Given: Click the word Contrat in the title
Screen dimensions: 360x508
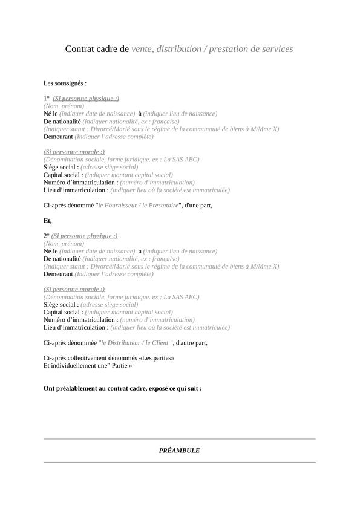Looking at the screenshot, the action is pyautogui.click(x=82, y=49).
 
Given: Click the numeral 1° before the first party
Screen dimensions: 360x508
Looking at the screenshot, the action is pyautogui.click(x=47, y=98).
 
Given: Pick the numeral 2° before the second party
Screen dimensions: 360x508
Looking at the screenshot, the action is pyautogui.click(x=47, y=236).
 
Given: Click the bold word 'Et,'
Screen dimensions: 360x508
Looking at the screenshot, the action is pyautogui.click(x=48, y=221).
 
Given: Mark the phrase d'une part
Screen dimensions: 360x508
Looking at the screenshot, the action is pyautogui.click(x=198, y=206).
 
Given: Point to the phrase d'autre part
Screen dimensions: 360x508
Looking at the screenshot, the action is pyautogui.click(x=192, y=343).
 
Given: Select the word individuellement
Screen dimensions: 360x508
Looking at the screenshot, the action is pyautogui.click(x=73, y=366).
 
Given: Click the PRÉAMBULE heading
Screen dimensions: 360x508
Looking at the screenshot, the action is pyautogui.click(x=179, y=451).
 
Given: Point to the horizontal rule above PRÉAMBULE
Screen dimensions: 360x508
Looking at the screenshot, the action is pyautogui.click(x=179, y=439).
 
